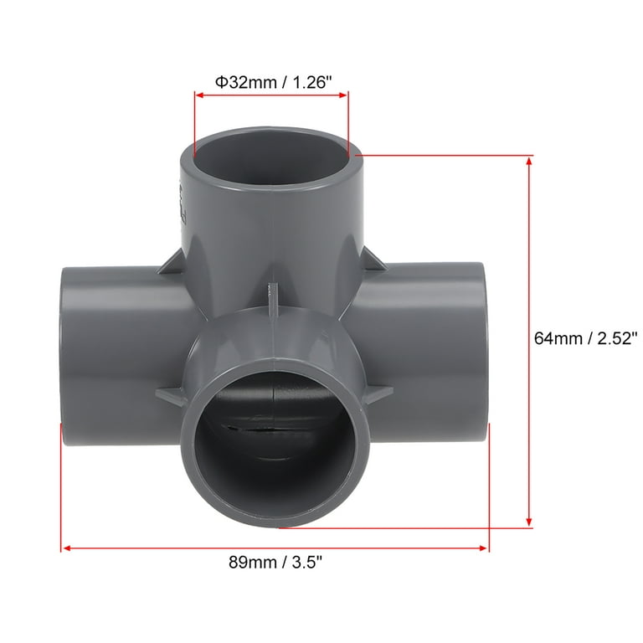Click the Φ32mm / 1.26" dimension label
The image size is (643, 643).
[x=271, y=82]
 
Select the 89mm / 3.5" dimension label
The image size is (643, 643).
[x=275, y=563]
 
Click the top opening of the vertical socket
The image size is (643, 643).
[x=271, y=151]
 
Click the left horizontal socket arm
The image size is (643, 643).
[x=109, y=352]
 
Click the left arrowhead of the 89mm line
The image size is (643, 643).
[x=66, y=548]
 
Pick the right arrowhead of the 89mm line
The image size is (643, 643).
[x=483, y=548]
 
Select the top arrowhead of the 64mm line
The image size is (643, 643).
[x=529, y=161]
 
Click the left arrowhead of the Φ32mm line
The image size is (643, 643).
[x=199, y=95]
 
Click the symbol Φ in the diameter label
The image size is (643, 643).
[x=221, y=82]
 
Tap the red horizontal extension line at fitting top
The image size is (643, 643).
[x=444, y=155]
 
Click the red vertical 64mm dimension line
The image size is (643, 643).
[x=529, y=335]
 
